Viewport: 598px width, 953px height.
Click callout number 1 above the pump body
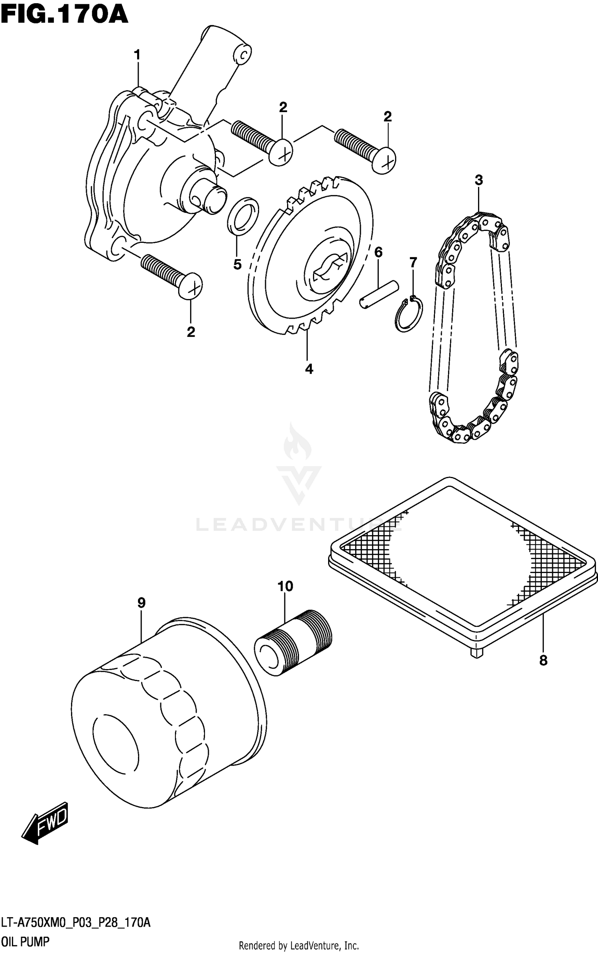(138, 55)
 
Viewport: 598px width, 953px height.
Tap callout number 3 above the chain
(479, 180)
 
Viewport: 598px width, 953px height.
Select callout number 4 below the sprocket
(309, 369)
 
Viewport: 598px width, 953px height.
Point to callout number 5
(237, 264)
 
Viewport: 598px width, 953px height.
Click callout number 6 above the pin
(378, 252)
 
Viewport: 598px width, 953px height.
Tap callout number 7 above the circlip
(413, 262)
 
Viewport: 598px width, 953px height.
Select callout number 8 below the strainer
(543, 661)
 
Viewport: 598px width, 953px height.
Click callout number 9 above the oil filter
(141, 603)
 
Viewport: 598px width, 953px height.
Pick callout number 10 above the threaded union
(285, 586)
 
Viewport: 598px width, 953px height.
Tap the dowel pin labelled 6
(379, 294)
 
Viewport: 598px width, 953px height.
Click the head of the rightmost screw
(384, 160)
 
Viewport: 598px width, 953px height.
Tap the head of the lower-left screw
(190, 286)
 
